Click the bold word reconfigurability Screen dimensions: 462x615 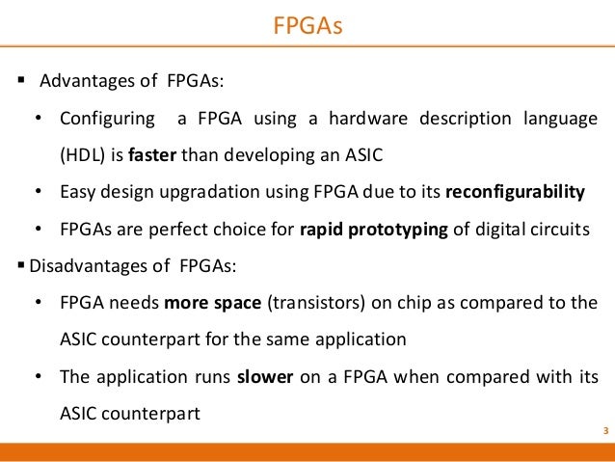tap(515, 192)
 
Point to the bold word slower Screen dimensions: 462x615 tap(265, 377)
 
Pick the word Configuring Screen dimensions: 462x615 tap(107, 120)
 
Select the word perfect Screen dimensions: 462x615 tap(172, 229)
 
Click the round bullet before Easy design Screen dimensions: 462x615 tap(38, 192)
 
